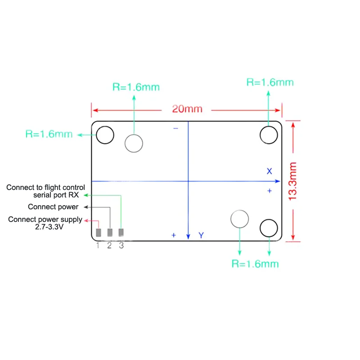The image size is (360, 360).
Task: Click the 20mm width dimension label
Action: [x=187, y=109]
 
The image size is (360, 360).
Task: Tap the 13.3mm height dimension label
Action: [x=293, y=181]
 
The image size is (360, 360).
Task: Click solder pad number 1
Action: [x=99, y=233]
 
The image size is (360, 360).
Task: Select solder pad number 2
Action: [x=110, y=232]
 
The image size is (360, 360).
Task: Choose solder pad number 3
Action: [x=121, y=232]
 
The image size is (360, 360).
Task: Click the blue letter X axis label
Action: [x=269, y=171]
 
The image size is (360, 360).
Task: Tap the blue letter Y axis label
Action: [x=201, y=235]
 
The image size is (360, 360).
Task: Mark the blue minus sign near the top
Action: [x=175, y=128]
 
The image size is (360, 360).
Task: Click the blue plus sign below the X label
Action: [x=270, y=191]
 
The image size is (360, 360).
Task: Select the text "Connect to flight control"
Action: [x=46, y=188]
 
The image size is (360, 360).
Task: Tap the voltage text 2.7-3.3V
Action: [x=49, y=227]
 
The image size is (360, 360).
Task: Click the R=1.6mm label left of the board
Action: [x=49, y=134]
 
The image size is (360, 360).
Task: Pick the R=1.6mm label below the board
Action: [x=255, y=264]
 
